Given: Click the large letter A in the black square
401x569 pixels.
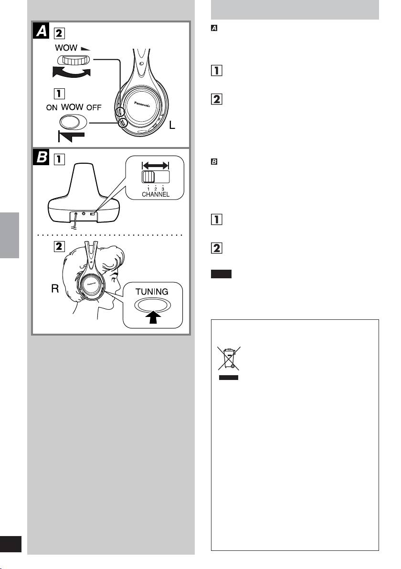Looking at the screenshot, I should pyautogui.click(x=42, y=32).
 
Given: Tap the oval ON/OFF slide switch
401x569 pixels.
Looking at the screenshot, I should pyautogui.click(x=72, y=121).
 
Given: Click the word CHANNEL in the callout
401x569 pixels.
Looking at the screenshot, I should pyautogui.click(x=155, y=194).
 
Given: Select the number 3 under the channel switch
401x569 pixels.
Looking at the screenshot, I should pyautogui.click(x=163, y=188).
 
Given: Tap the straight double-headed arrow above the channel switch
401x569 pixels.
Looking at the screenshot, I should pyautogui.click(x=155, y=165).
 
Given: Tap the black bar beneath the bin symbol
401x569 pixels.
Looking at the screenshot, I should pyautogui.click(x=227, y=377).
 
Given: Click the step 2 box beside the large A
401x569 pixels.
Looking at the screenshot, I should pyautogui.click(x=60, y=33).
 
